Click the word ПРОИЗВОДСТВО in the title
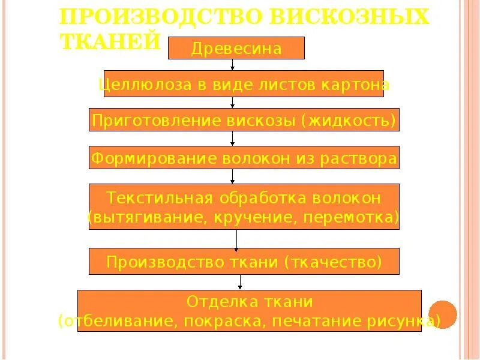click(x=158, y=16)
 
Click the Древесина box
click(x=236, y=48)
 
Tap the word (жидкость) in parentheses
click(x=352, y=121)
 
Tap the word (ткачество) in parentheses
click(x=333, y=262)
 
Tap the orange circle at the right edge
click(x=444, y=314)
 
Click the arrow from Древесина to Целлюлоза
click(x=232, y=65)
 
